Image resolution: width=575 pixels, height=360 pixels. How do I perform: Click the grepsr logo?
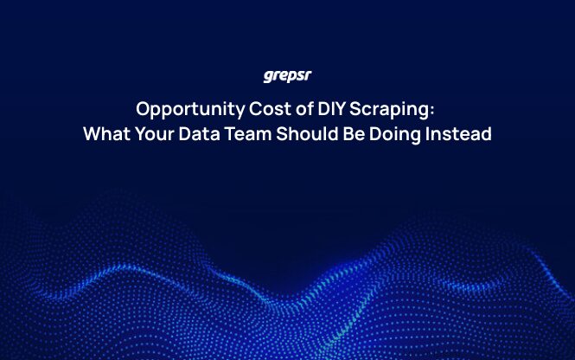pos(287,76)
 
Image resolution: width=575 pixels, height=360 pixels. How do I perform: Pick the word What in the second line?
pos(105,135)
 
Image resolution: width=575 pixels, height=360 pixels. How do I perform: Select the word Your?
pos(154,135)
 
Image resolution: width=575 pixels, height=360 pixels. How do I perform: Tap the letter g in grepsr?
pos(268,77)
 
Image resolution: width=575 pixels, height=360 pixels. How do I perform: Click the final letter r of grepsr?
pos(308,76)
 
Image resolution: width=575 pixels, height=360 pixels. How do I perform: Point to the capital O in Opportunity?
pos(143,111)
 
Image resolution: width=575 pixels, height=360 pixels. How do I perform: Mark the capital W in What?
pos(92,135)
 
